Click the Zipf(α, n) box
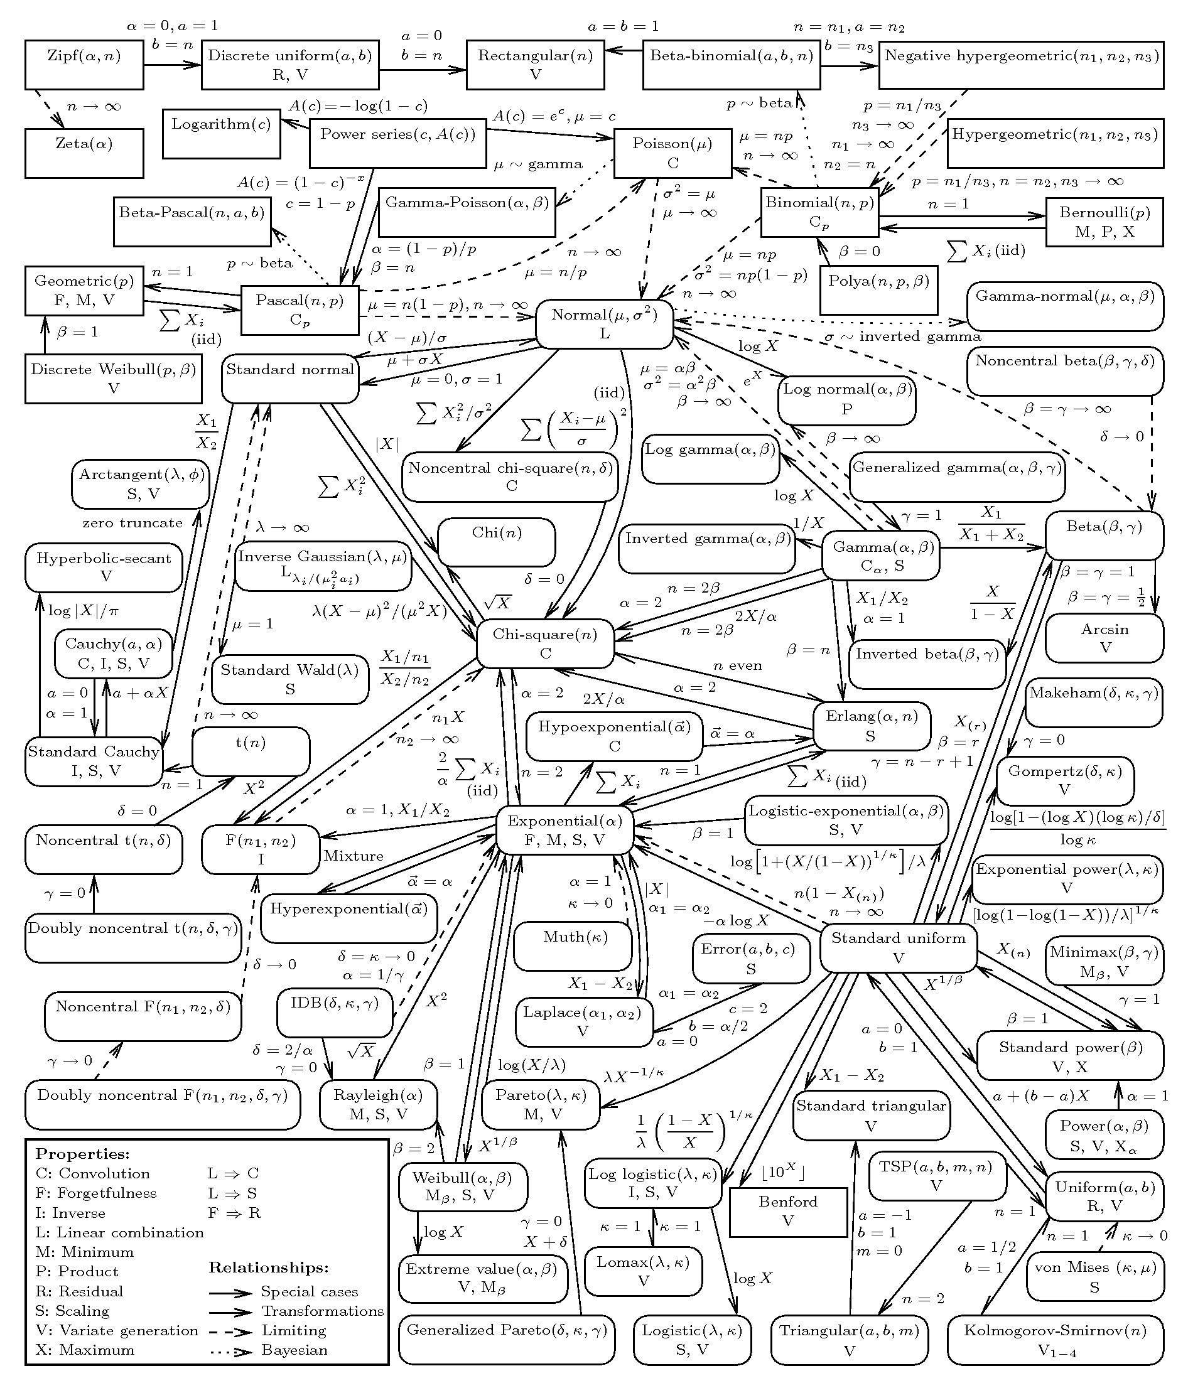(x=84, y=65)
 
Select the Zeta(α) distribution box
(x=84, y=153)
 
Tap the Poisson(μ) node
(x=672, y=153)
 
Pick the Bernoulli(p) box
(x=1104, y=222)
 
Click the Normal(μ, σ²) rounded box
(x=604, y=324)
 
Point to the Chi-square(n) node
(x=544, y=643)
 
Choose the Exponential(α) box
(x=564, y=831)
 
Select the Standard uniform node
(x=899, y=948)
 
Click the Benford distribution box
(x=788, y=1212)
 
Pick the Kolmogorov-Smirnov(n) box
(x=1055, y=1340)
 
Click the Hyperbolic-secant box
(x=104, y=568)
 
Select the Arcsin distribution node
(x=1104, y=638)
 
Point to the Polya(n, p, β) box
(x=878, y=291)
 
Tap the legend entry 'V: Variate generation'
(x=117, y=1330)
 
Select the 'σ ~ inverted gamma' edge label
(x=903, y=336)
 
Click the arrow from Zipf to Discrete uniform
(x=172, y=65)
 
